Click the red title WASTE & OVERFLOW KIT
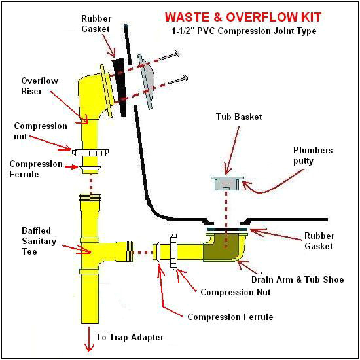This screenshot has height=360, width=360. [x=243, y=17]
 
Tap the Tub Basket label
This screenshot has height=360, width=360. [x=239, y=117]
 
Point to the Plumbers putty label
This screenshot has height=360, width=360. [x=313, y=155]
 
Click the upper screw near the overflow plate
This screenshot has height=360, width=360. [x=170, y=56]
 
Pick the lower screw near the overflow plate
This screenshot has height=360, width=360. [x=178, y=80]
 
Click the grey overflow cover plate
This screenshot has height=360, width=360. [x=145, y=82]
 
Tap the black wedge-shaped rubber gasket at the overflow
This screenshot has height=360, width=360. [x=120, y=87]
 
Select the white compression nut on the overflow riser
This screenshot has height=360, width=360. [x=90, y=153]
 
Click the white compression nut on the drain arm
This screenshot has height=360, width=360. [x=174, y=252]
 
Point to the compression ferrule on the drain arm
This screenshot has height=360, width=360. [x=157, y=252]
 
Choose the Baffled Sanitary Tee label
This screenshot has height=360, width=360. [x=39, y=241]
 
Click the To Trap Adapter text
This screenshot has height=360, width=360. [x=130, y=337]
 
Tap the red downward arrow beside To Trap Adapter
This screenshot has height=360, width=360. [x=89, y=340]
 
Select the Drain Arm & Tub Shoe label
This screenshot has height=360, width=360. [x=298, y=279]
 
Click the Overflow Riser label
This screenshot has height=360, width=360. [x=39, y=86]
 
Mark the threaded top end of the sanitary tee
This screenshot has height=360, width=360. [x=90, y=198]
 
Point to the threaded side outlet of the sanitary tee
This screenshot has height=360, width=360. [x=129, y=252]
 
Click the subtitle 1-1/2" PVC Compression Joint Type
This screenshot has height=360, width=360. [x=244, y=31]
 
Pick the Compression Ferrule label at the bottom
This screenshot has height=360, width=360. [x=230, y=317]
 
